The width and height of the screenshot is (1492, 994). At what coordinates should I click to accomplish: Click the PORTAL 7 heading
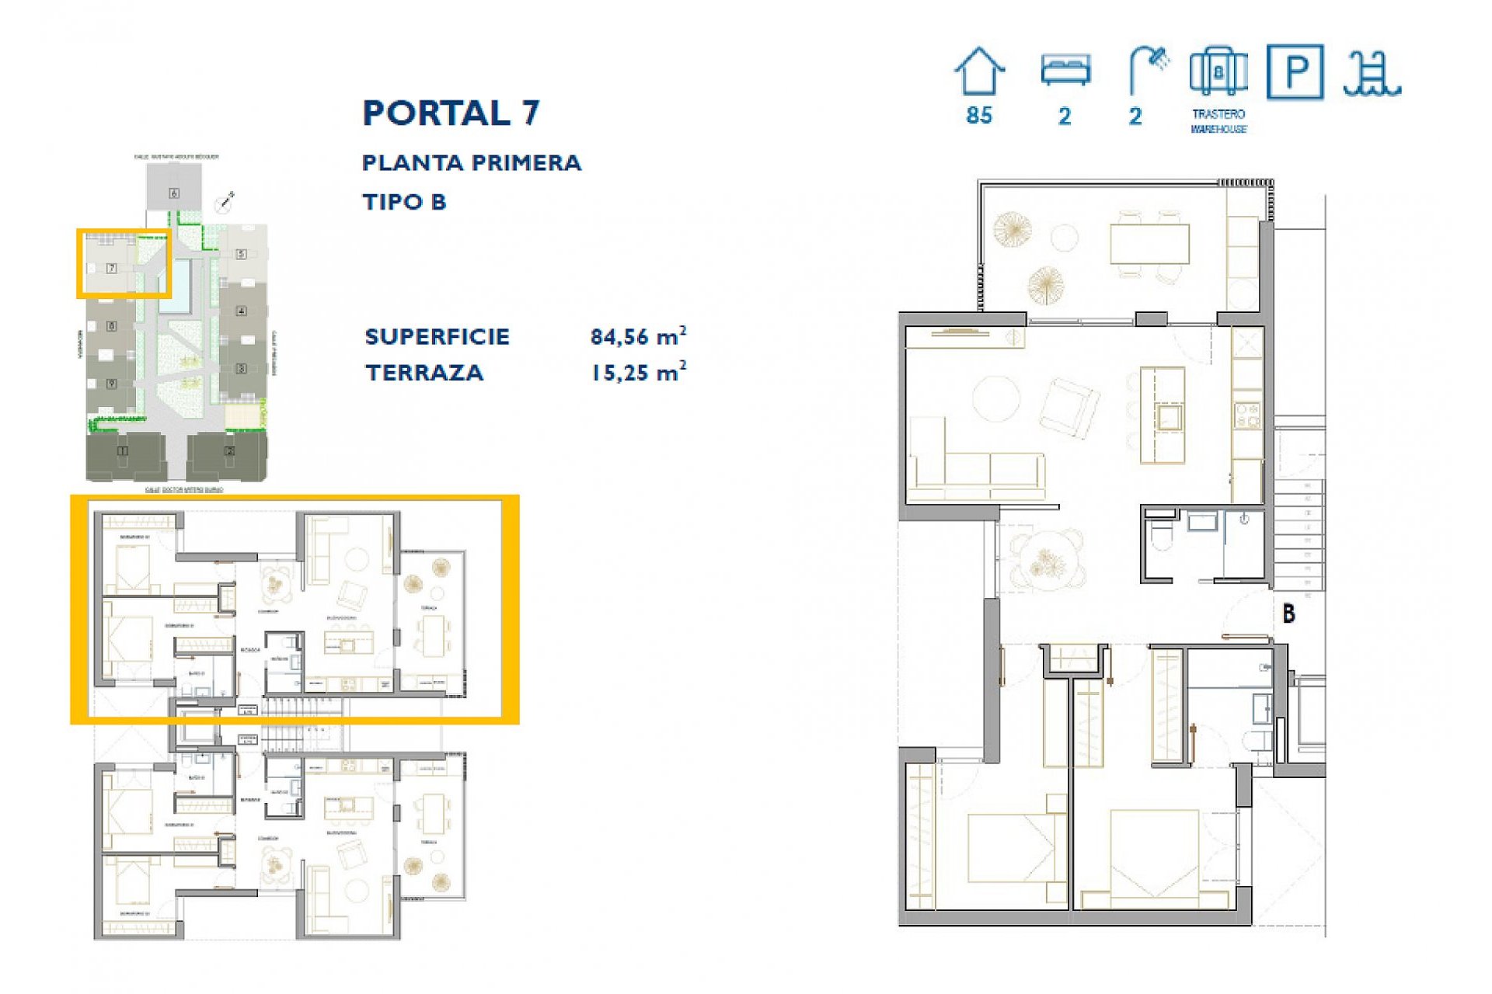[x=451, y=113]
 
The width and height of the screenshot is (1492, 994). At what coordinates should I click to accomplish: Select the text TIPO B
[x=404, y=202]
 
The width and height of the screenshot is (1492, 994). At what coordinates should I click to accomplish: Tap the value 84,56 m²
[x=637, y=336]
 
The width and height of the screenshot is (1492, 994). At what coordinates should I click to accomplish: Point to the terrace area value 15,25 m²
[x=637, y=372]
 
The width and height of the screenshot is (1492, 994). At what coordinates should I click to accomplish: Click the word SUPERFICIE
[x=437, y=337]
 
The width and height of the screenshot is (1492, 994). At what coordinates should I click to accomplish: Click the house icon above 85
[x=979, y=71]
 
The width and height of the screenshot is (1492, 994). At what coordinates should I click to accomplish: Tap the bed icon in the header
[x=1065, y=70]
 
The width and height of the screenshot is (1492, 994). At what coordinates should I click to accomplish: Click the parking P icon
[x=1295, y=71]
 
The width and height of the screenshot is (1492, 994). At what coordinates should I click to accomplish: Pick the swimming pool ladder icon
[x=1372, y=74]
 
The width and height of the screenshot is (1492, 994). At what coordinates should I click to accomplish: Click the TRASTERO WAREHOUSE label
[x=1218, y=121]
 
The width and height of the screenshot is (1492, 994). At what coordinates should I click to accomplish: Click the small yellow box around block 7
[x=123, y=263]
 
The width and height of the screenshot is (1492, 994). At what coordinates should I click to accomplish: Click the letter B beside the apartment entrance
[x=1288, y=613]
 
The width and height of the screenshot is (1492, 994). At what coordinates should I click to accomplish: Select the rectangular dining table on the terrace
[x=1149, y=244]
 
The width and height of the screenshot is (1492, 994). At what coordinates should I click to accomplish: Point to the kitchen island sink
[x=1168, y=418]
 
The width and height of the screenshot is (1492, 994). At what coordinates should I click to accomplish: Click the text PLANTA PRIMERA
[x=471, y=163]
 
